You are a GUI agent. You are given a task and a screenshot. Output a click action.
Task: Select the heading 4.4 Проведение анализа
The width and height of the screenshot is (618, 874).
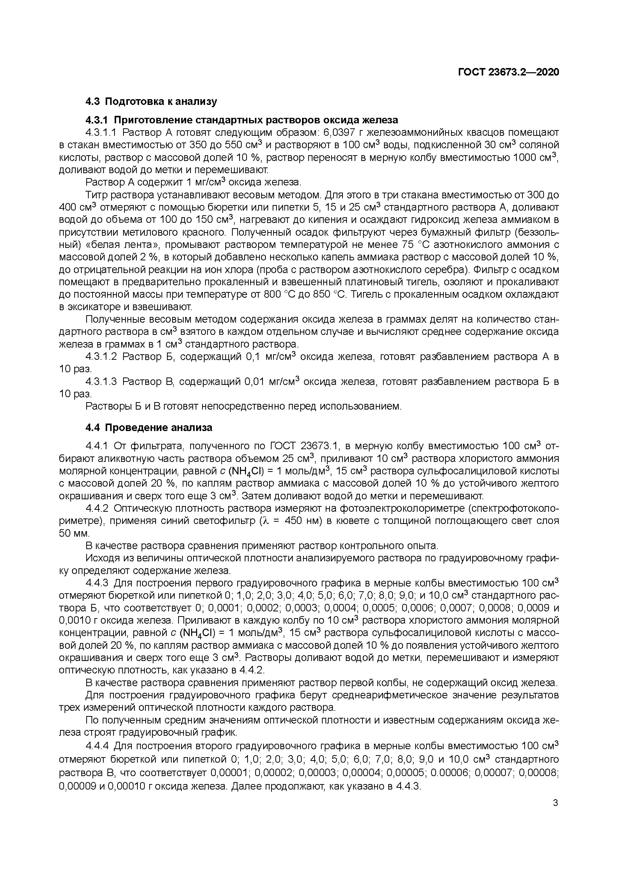pyautogui.click(x=149, y=428)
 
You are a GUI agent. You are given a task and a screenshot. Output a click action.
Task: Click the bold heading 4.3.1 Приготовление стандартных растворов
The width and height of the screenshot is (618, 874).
pyautogui.click(x=241, y=120)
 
